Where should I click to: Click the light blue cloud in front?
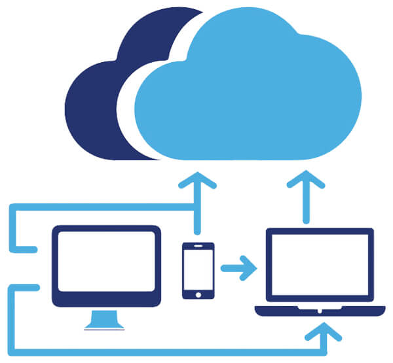pyautogui.click(x=255, y=98)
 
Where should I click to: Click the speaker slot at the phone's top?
pyautogui.click(x=198, y=247)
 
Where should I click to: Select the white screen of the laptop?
pyautogui.click(x=319, y=265)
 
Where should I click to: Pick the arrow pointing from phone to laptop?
pyautogui.click(x=239, y=268)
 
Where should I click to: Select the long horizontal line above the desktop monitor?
pyautogui.click(x=98, y=207)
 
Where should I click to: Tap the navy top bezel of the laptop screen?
pyautogui.click(x=319, y=231)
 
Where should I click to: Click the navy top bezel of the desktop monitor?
pyautogui.click(x=107, y=229)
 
